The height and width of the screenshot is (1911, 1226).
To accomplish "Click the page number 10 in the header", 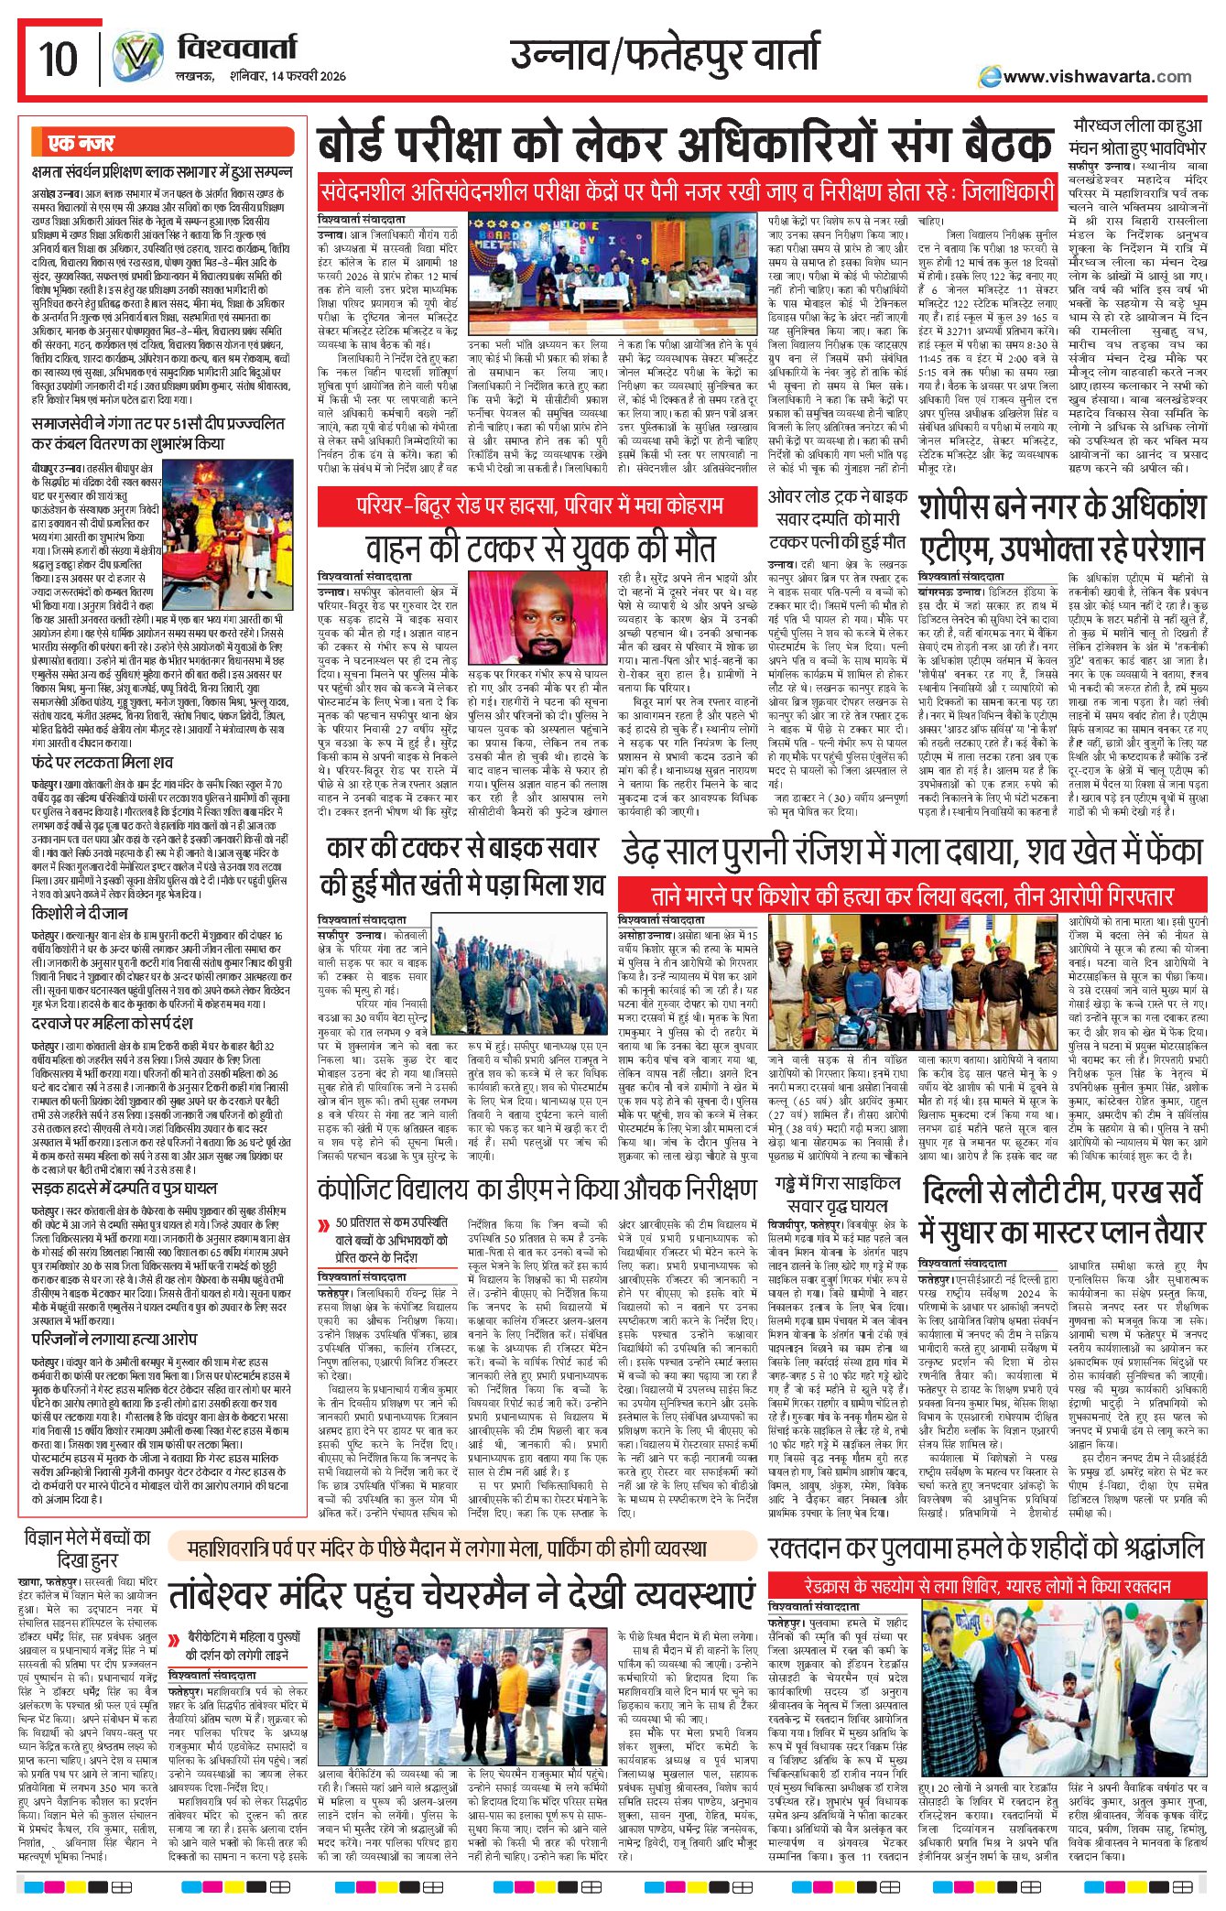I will click(x=58, y=60).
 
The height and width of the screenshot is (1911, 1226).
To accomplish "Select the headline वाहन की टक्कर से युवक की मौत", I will click(x=540, y=548).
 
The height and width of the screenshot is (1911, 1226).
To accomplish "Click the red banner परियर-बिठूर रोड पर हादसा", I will click(x=539, y=505).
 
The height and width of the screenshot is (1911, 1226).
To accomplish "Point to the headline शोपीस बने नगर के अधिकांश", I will click(x=1061, y=506).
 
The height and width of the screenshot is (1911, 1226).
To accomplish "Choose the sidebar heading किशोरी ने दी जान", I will click(x=80, y=913).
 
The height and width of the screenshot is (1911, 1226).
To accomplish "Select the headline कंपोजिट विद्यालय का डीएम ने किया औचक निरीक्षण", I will click(x=537, y=1189).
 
